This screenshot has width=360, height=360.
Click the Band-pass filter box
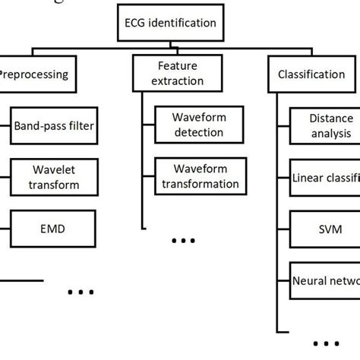click(x=54, y=125)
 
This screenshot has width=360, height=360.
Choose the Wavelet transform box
click(x=54, y=177)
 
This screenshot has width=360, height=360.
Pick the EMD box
click(x=54, y=227)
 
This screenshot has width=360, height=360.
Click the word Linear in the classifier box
click(x=308, y=178)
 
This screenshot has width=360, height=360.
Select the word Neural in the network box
click(x=311, y=280)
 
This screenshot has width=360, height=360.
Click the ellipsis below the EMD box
click(x=80, y=291)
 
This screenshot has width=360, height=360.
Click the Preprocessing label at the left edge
click(x=34, y=74)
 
